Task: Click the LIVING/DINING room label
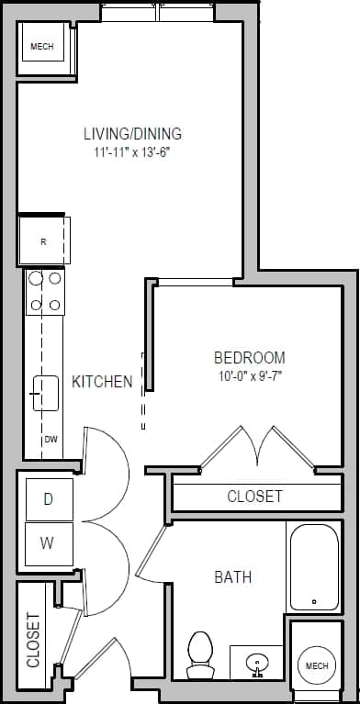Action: coord(132,133)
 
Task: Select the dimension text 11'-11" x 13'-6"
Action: coord(132,152)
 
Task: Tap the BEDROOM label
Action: coord(249,357)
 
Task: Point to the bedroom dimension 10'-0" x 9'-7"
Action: coord(249,374)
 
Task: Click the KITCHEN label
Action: coord(102,382)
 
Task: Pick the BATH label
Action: coord(232,577)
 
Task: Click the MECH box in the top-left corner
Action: coord(41,47)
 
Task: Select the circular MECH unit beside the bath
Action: coord(316,665)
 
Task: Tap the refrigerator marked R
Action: coord(42,241)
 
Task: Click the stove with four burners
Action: coord(45,291)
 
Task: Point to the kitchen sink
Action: coord(45,394)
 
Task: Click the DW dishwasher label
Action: coord(51,440)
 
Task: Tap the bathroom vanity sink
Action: coord(257,661)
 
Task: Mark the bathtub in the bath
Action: coord(314,566)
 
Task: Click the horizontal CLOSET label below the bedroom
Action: coord(254,497)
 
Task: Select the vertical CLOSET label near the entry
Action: coord(33,639)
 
